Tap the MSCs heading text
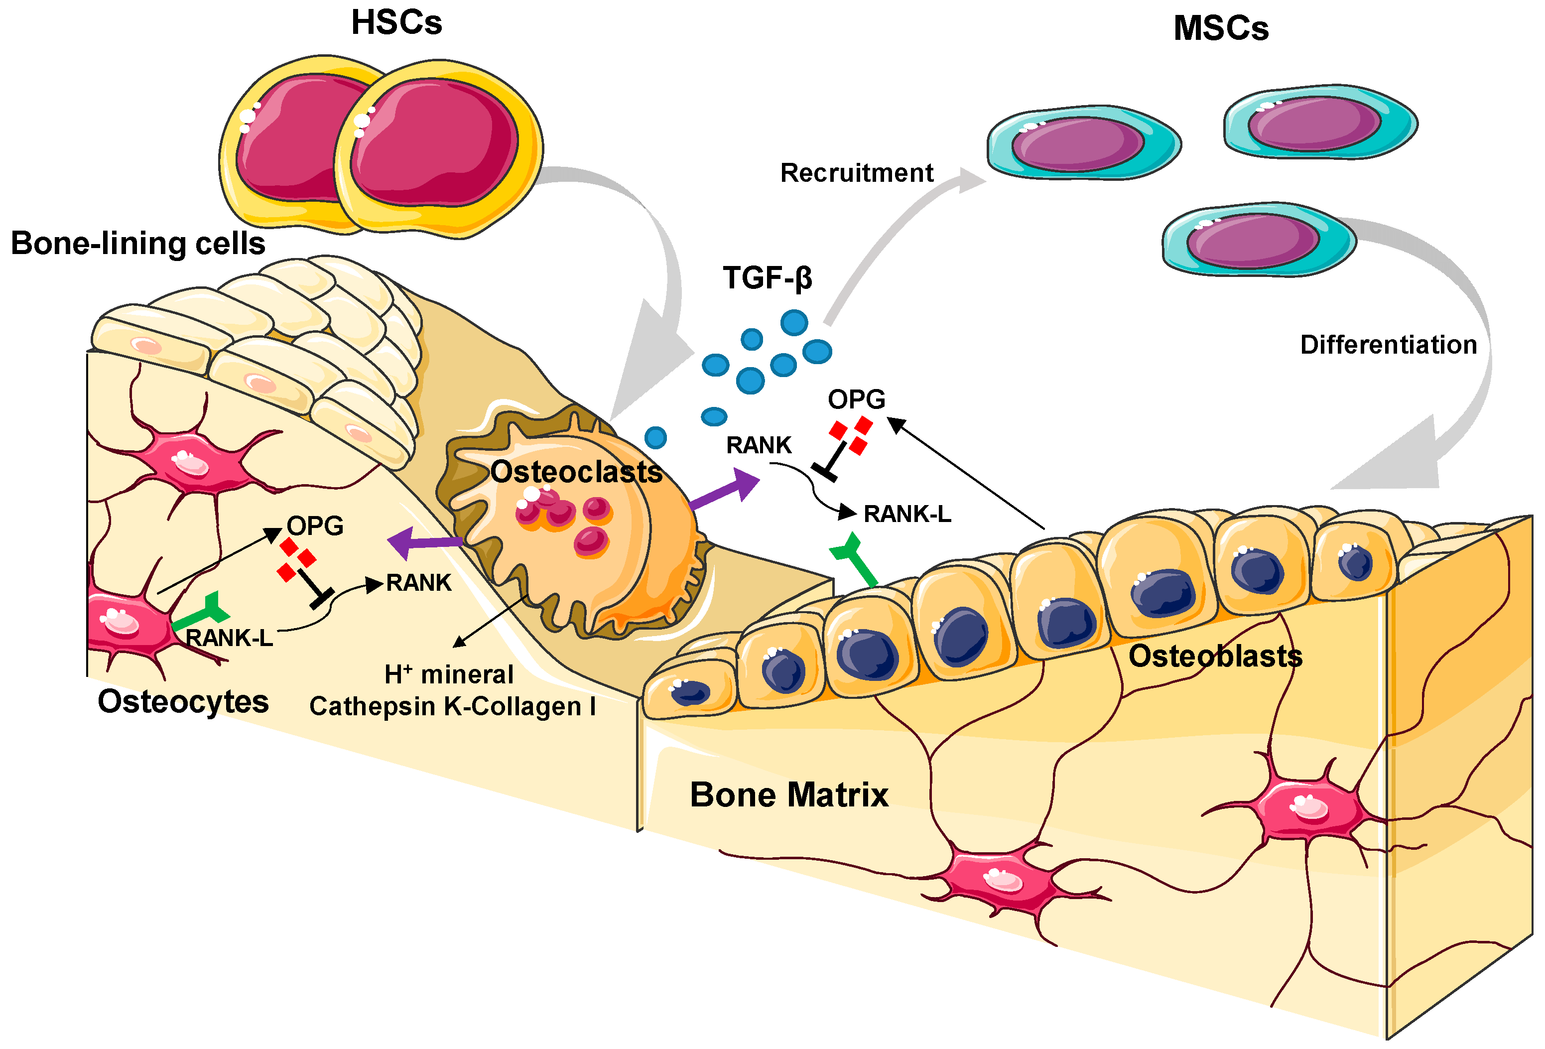coord(1221,28)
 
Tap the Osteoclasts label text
coord(576,472)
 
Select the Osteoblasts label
coord(1215,656)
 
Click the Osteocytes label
coord(183,702)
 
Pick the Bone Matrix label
coord(788,795)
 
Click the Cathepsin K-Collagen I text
coord(452,706)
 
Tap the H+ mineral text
coord(449,675)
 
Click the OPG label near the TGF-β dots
coord(856,399)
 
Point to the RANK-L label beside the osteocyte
coord(229,638)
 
